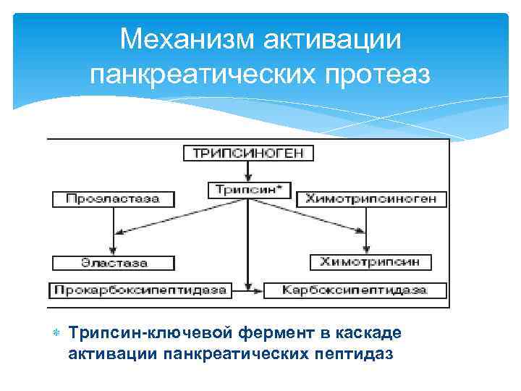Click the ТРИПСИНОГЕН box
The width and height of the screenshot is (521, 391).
248,154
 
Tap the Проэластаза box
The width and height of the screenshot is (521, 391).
114,198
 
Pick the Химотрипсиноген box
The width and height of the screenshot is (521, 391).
375,198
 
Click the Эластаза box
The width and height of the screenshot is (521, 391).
113,262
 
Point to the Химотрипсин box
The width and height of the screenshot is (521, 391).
370,261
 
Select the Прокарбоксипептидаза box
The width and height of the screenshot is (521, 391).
140,290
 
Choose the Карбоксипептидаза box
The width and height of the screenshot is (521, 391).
355,290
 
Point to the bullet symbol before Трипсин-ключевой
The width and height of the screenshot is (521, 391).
56,332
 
